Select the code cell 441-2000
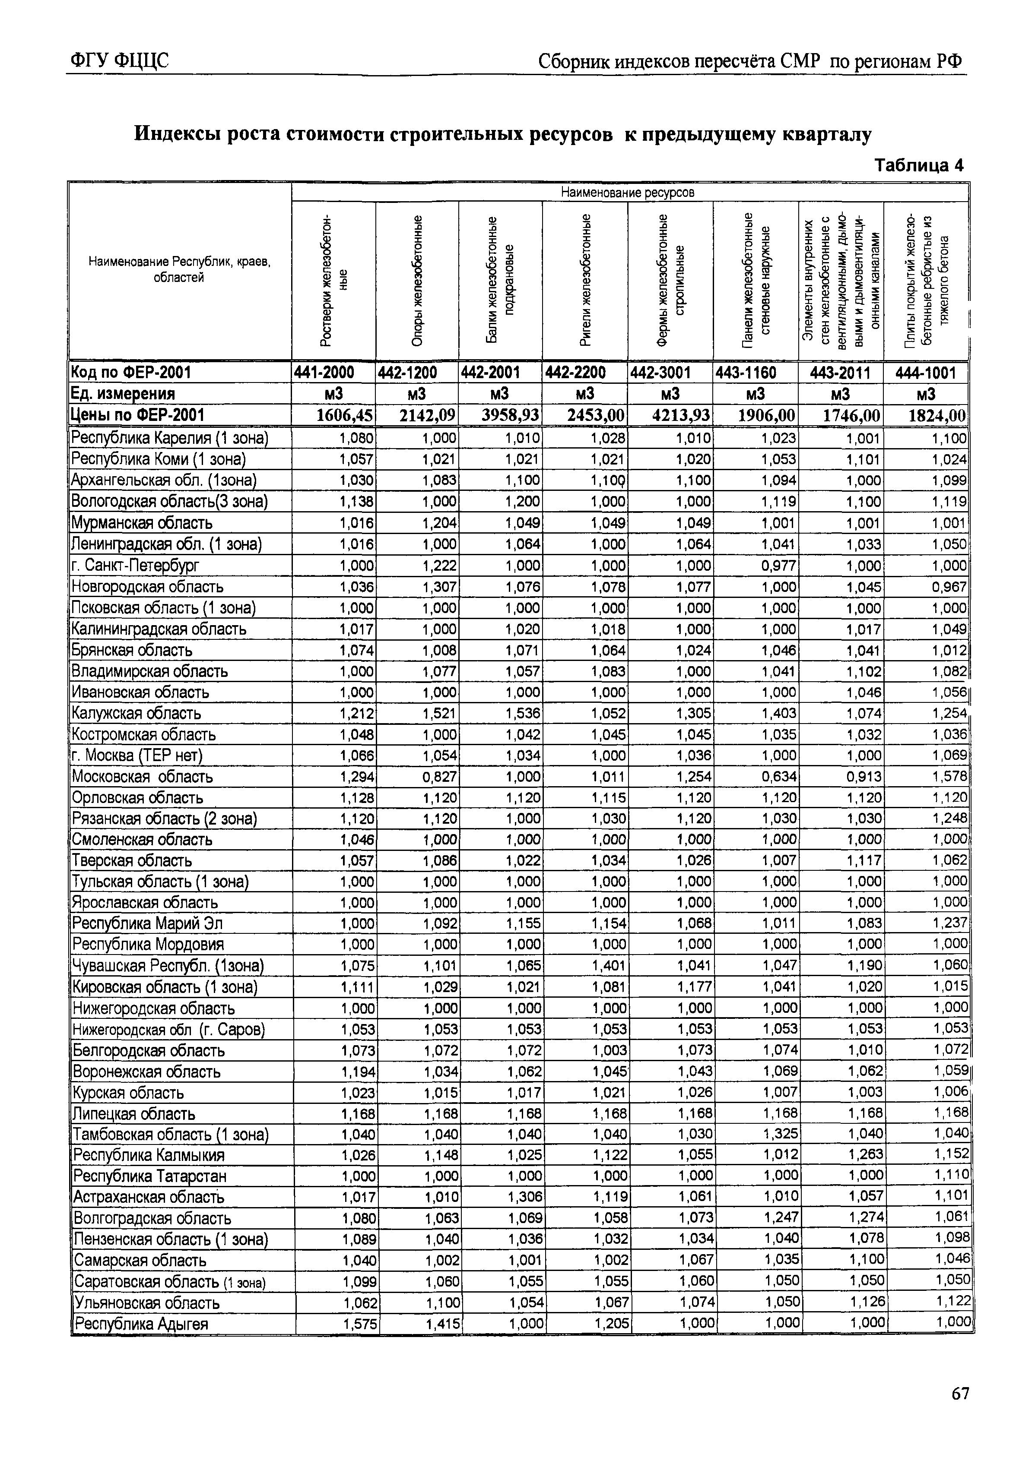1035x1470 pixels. point(333,372)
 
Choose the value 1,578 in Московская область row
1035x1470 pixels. point(949,777)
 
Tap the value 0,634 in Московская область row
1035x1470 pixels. point(779,777)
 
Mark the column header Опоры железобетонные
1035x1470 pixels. point(417,281)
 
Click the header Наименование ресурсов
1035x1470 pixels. point(627,192)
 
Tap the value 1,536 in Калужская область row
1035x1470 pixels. point(523,713)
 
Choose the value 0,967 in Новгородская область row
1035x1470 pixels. point(949,586)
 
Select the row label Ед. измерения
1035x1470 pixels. point(122,393)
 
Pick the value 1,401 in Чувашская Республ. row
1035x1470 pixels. point(609,965)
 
